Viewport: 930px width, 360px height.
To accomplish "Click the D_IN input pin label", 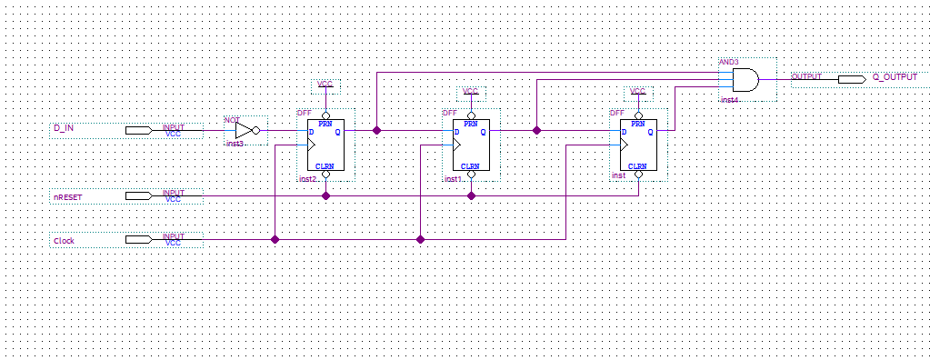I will pos(64,128).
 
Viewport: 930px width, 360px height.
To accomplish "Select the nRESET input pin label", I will pos(68,195).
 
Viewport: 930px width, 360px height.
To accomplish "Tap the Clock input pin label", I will pos(65,241).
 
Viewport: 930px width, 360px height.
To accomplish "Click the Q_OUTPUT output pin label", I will pos(895,78).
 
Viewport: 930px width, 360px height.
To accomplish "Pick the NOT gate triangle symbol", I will pos(245,130).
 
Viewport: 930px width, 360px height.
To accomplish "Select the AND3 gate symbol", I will pos(745,80).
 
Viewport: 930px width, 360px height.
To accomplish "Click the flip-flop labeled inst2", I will pos(325,145).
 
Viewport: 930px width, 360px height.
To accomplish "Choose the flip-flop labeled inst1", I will pos(470,145).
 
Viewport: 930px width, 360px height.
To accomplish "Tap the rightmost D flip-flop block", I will pos(637,145).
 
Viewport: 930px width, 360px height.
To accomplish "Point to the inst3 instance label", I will pos(234,144).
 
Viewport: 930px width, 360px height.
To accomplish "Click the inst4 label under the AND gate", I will pos(730,99).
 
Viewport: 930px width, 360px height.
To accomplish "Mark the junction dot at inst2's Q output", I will pos(376,130).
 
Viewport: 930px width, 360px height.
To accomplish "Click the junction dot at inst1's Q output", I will pos(536,130).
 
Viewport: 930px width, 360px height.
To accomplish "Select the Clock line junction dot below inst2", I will pos(275,239).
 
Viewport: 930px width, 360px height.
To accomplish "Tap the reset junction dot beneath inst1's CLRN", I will pos(471,195).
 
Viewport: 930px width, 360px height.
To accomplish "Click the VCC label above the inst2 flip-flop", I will pos(325,85).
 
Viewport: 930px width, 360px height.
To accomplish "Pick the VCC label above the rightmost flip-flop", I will pos(637,92).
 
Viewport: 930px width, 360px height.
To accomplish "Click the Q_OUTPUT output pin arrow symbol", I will pos(851,79).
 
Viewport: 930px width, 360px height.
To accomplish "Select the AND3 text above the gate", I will pos(728,62).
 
